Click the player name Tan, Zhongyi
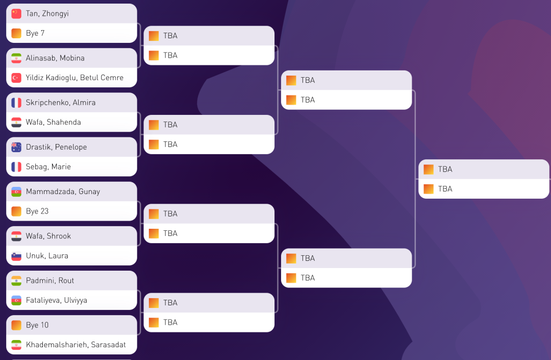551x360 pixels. (x=47, y=14)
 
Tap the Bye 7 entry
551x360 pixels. (x=35, y=33)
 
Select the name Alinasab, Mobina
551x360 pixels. (x=55, y=58)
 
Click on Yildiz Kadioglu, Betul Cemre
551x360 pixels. (x=74, y=78)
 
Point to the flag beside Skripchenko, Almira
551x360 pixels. (x=16, y=103)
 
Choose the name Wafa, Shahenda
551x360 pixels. (x=53, y=122)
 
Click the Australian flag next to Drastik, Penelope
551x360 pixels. (x=16, y=147)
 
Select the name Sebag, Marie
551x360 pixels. (x=48, y=166)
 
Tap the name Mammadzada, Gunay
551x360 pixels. (x=63, y=191)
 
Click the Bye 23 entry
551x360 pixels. (x=37, y=211)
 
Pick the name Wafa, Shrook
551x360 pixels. (x=48, y=236)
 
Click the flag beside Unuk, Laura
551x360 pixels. (x=16, y=256)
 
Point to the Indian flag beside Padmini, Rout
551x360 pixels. (x=16, y=280)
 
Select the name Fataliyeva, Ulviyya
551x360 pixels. (x=56, y=300)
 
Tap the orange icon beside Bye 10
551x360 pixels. (x=16, y=325)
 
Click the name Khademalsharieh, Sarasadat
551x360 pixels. (x=76, y=345)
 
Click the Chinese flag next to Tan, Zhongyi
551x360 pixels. (x=16, y=14)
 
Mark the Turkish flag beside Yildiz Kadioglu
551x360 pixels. (x=16, y=78)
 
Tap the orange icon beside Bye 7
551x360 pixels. (x=16, y=33)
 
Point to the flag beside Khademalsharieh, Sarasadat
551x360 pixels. (x=16, y=345)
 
